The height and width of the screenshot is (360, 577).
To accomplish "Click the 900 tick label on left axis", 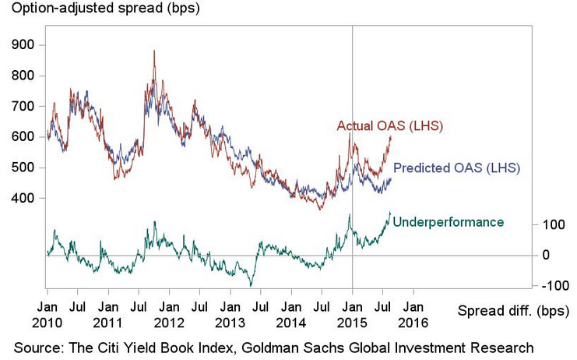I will point(21,44).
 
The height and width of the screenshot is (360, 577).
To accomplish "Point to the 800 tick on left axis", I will point(21,76).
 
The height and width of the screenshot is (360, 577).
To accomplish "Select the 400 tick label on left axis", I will point(21,198).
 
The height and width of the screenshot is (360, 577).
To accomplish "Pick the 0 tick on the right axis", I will point(547,255).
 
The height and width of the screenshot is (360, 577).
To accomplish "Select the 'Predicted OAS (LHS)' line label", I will point(456,168).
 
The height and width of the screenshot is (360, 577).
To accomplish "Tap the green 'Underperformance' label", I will point(449,222).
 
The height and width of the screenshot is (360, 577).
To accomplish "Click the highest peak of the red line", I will point(154,51).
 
